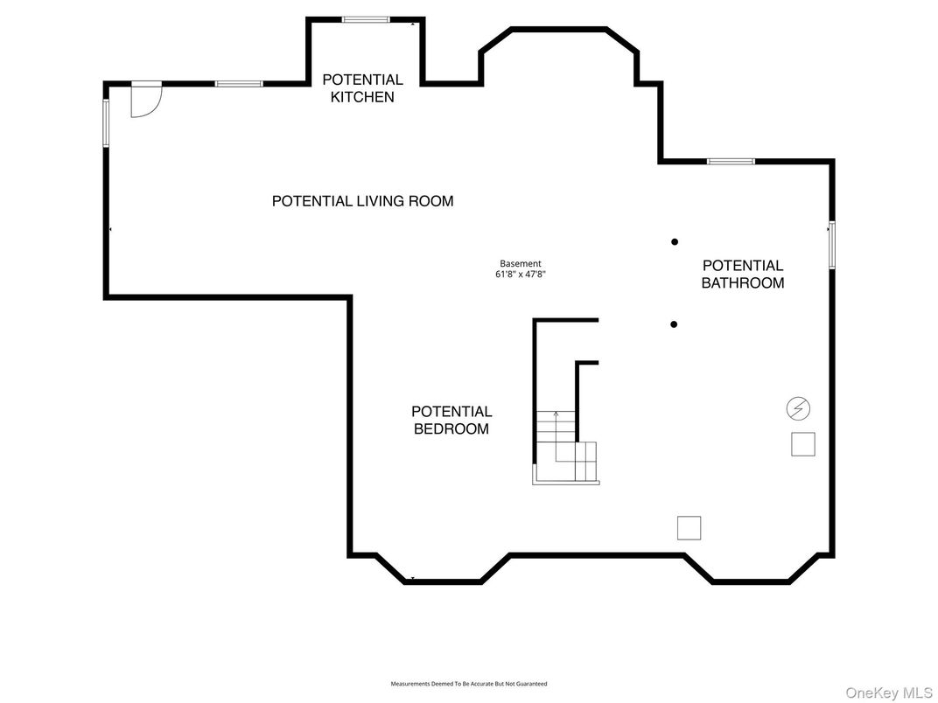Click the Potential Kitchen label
(x=362, y=87)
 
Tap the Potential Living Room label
(x=362, y=201)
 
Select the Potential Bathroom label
(x=742, y=274)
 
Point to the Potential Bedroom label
(x=451, y=420)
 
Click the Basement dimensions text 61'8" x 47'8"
(x=521, y=275)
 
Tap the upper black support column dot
(x=675, y=242)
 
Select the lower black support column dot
(x=674, y=324)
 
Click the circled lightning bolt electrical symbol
(x=798, y=409)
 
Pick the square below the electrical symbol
(x=802, y=444)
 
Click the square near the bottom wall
(x=689, y=528)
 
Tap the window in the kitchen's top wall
(x=366, y=20)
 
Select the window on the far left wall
(x=106, y=123)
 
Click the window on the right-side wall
(x=832, y=245)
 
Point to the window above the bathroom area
(x=731, y=162)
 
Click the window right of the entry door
(x=239, y=84)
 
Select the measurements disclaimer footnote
(x=469, y=683)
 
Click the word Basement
(x=521, y=264)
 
